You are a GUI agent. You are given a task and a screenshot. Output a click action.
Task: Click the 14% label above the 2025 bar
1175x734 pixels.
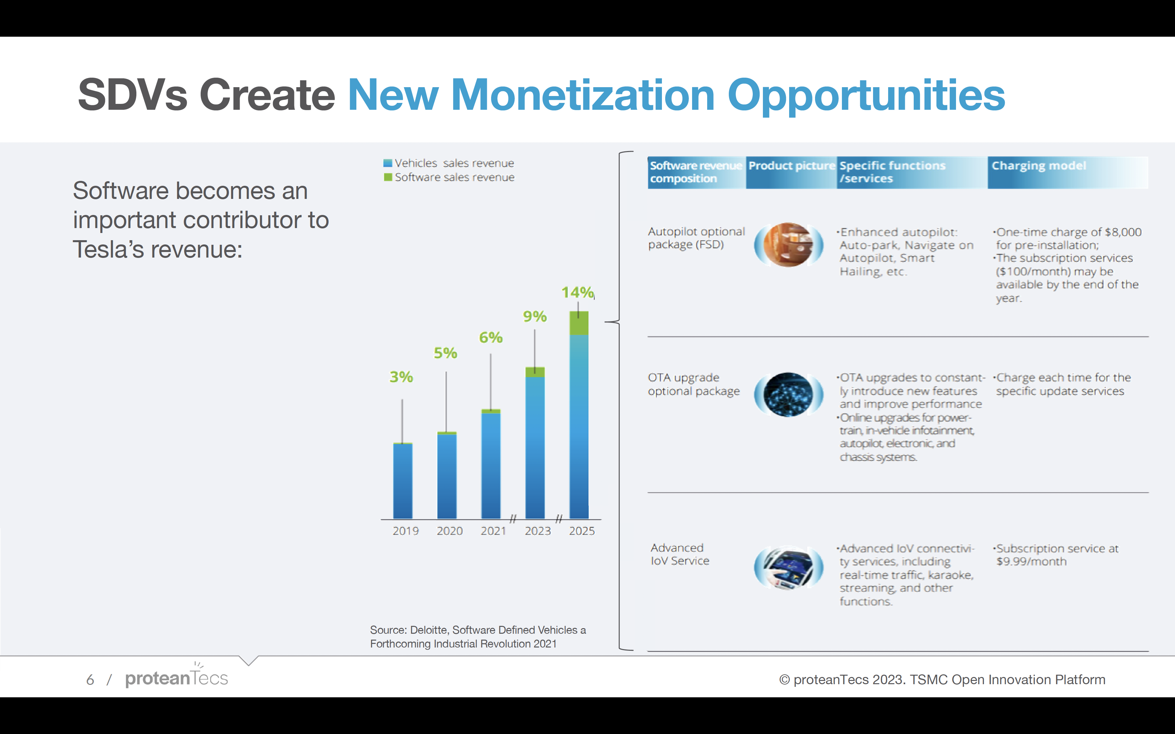point(577,292)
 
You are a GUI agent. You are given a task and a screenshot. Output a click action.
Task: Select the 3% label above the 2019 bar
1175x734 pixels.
point(401,377)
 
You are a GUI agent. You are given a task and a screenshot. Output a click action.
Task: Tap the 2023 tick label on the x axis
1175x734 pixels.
point(537,531)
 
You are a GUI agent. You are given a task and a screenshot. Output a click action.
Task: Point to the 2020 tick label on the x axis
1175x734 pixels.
point(449,531)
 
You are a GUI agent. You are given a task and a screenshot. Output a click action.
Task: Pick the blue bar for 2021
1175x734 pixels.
point(491,466)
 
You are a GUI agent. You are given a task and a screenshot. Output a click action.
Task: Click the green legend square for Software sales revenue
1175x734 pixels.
point(388,177)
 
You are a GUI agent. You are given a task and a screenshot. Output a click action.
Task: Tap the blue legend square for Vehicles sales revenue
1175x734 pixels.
point(388,163)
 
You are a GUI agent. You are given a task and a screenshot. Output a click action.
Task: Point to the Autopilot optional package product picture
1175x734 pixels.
point(788,245)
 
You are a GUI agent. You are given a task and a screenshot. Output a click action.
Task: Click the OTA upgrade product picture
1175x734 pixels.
point(788,395)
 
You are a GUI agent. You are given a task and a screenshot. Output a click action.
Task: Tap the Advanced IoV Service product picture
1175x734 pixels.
point(788,568)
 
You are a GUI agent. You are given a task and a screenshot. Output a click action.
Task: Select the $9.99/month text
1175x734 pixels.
point(1031,562)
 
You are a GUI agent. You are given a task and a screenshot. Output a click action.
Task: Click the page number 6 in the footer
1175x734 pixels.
point(90,680)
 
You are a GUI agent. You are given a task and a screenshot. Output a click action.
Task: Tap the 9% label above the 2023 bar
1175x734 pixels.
point(535,317)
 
